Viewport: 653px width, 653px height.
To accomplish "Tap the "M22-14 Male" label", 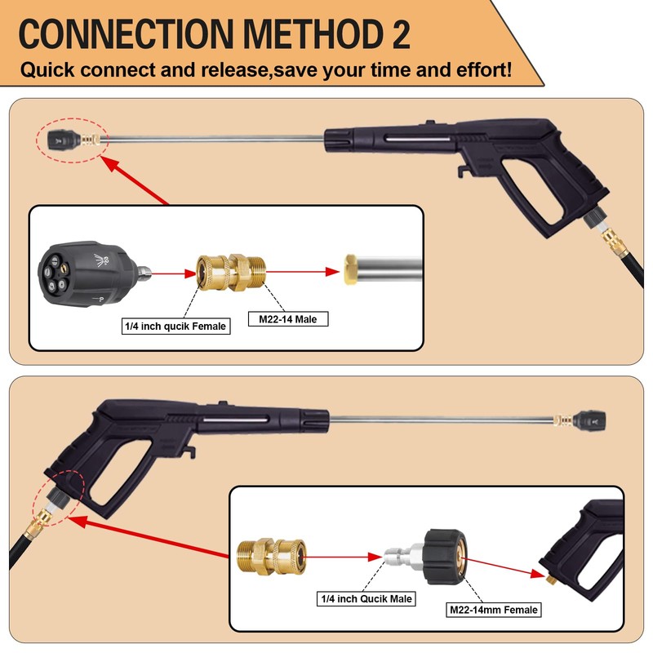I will (287, 319).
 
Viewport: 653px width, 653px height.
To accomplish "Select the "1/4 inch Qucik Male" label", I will (366, 598).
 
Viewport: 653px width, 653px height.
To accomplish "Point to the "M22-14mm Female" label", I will (494, 609).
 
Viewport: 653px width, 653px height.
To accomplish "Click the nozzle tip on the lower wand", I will (586, 420).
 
